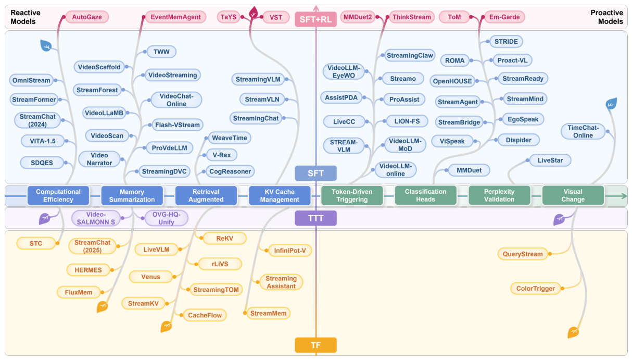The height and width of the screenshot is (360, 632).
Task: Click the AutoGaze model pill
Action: (87, 17)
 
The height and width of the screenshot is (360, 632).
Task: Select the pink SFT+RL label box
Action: (315, 19)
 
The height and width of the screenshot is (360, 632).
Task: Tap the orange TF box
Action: (315, 345)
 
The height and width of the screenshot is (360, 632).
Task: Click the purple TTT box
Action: (315, 218)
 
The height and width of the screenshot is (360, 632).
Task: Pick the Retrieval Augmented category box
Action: (206, 195)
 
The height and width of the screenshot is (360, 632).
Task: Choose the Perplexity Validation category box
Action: (499, 195)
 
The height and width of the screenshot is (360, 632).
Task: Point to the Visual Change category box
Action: (573, 195)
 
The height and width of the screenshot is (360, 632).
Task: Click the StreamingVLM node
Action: (258, 79)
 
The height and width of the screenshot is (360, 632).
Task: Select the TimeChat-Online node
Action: (583, 131)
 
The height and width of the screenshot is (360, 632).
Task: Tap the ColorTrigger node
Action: (536, 289)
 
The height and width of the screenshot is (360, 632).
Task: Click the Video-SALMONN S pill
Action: (96, 218)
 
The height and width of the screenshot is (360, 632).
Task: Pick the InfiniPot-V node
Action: (290, 251)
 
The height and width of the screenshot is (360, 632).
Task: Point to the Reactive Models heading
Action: (26, 17)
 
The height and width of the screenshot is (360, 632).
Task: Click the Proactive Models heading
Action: (606, 17)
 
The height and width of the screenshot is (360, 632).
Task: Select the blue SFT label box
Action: (315, 173)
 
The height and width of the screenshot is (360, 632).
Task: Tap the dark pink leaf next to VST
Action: (254, 13)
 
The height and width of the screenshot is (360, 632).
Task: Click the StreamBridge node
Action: (459, 122)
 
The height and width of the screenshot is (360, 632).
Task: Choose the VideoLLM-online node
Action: (395, 170)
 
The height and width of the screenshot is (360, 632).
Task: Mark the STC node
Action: (36, 243)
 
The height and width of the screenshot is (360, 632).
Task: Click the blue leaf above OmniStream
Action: (46, 45)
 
